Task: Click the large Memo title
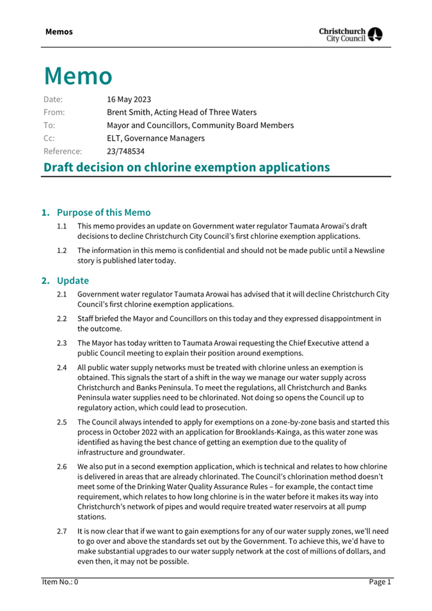coord(78,76)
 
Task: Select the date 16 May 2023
coord(129,99)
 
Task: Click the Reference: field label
coord(63,152)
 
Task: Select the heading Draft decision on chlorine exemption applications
coord(186,168)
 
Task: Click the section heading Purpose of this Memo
coord(104,213)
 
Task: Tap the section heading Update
coord(72,281)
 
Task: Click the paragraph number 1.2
coord(62,250)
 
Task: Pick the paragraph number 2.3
coord(62,343)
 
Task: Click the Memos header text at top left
coord(59,31)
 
